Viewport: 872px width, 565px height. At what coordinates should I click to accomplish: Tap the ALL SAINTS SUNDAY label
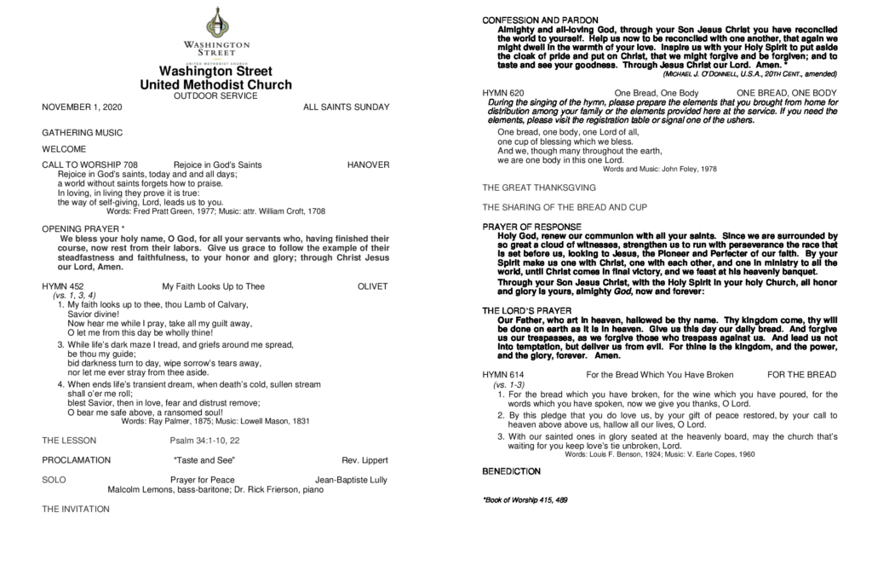(346, 107)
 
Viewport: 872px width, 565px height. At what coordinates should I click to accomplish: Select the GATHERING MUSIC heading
(82, 133)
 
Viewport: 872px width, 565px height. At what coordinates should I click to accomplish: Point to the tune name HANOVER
(368, 164)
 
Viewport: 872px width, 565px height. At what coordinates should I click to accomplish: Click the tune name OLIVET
(372, 286)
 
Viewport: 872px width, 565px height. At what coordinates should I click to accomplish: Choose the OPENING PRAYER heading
(83, 228)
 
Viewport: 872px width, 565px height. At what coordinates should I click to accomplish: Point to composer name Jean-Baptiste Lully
(351, 480)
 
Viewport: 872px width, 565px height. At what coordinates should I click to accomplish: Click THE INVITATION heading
(76, 509)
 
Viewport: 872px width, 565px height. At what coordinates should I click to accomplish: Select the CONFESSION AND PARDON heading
(540, 20)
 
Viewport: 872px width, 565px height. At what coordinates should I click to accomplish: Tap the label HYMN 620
(503, 92)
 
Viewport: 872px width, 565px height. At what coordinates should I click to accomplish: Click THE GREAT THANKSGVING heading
(539, 187)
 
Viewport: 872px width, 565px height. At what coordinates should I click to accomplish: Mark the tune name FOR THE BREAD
(801, 375)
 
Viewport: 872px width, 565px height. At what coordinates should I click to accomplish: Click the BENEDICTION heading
(511, 471)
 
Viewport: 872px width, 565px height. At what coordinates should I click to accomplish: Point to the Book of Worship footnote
(525, 499)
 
